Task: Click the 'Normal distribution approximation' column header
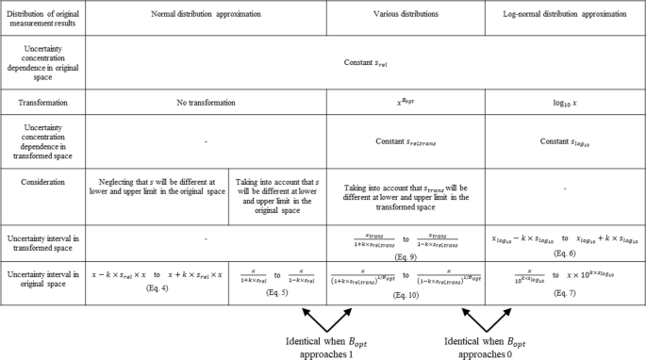[205, 16]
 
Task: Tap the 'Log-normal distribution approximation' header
[564, 16]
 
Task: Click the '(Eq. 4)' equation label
[156, 286]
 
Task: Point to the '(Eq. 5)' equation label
[280, 286]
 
